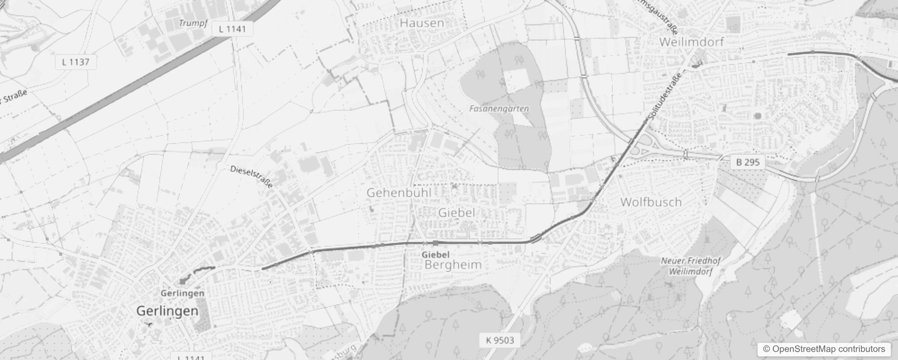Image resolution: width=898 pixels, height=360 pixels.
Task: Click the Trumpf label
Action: (x=193, y=23)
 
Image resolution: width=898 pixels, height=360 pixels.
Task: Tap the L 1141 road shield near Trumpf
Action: (x=232, y=29)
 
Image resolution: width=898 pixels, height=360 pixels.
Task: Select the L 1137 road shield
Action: (x=76, y=62)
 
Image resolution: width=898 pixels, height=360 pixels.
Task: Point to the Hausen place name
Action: (x=422, y=22)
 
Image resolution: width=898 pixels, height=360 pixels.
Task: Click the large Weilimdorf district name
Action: (x=691, y=42)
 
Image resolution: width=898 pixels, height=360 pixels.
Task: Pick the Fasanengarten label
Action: (x=499, y=108)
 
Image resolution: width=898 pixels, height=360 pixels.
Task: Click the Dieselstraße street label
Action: (x=251, y=176)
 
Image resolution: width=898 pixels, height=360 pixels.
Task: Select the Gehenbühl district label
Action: (x=399, y=193)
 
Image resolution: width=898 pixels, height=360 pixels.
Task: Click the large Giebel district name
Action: (x=456, y=212)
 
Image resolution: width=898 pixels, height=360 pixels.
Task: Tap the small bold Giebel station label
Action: (x=436, y=254)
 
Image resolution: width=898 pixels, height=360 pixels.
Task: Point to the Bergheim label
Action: (x=453, y=265)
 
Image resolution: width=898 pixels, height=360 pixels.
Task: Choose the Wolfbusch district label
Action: (x=651, y=202)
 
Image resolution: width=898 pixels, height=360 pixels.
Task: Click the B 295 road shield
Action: (x=748, y=162)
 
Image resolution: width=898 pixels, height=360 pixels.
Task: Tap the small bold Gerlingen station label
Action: (x=182, y=293)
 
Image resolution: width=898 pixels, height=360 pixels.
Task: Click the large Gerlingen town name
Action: (x=167, y=311)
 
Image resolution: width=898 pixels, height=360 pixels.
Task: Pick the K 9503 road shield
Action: (x=499, y=340)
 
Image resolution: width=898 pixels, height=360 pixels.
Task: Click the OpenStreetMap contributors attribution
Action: (x=823, y=349)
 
